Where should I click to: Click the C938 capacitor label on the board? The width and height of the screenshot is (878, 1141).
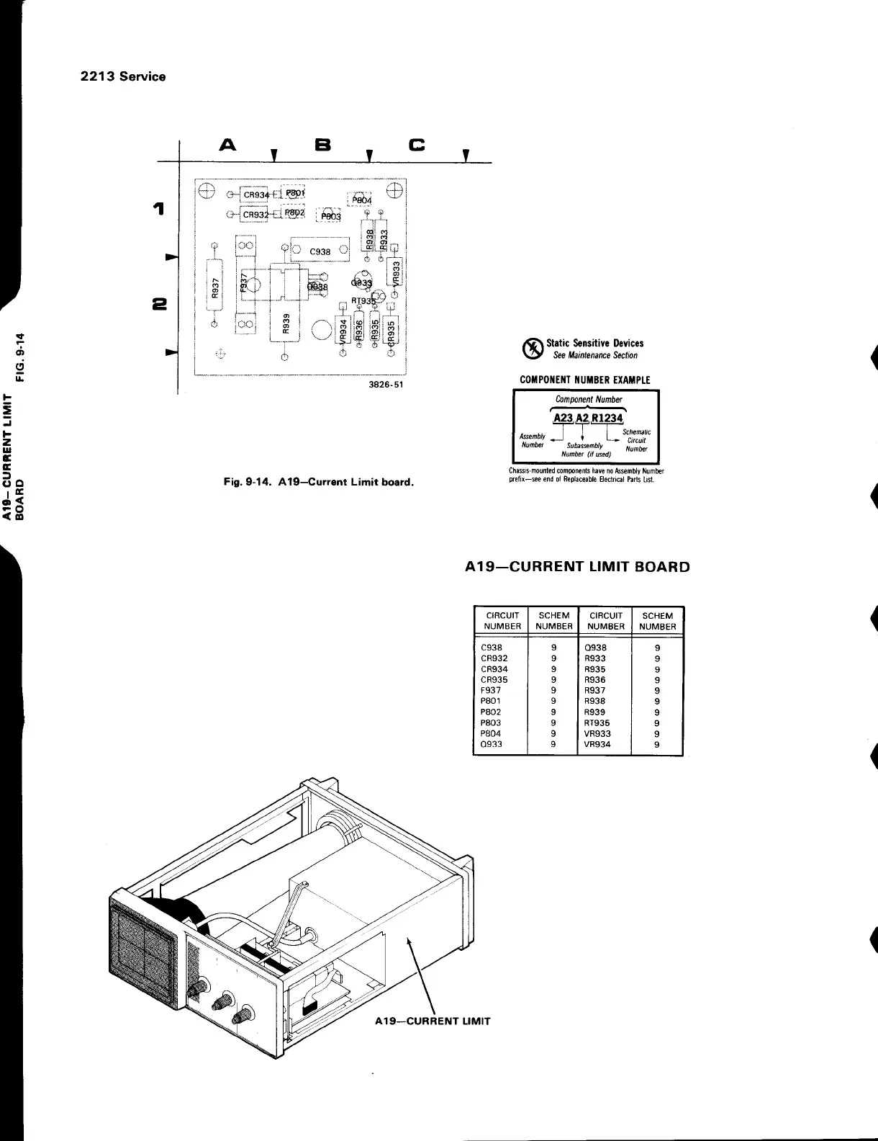[x=320, y=252]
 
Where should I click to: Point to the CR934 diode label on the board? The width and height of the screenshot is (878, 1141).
[x=256, y=194]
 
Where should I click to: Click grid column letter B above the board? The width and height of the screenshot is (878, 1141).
[x=322, y=146]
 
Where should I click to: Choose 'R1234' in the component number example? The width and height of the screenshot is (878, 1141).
[x=607, y=419]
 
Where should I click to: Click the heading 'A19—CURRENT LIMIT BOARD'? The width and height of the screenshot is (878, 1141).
[x=577, y=566]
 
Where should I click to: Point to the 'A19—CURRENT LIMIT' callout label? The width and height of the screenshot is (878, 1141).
[x=433, y=1021]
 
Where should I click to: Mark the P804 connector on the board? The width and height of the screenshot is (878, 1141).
[x=362, y=200]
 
